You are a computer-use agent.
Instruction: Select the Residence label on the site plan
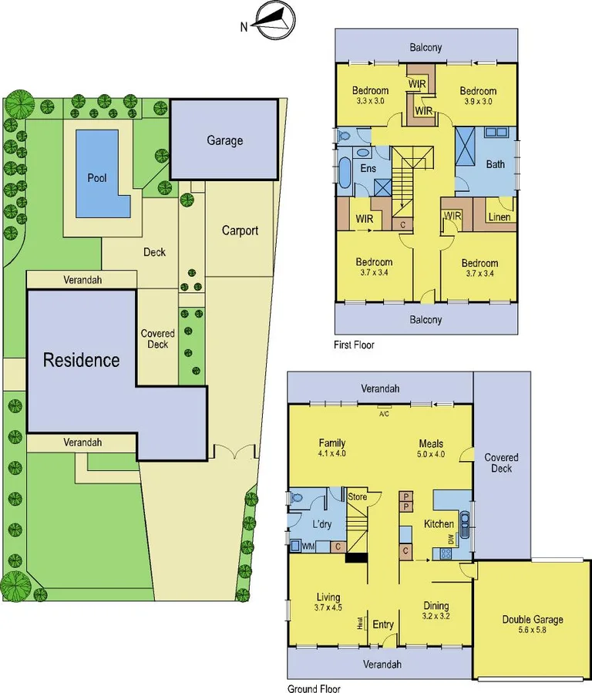[81, 360]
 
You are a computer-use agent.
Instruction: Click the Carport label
[240, 230]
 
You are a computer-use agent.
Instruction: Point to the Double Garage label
[533, 619]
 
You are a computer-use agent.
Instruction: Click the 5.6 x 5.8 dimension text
[533, 630]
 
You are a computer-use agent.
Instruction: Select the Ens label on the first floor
[368, 168]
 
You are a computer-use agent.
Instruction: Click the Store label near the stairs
[358, 496]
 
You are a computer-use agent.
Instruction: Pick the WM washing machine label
[308, 547]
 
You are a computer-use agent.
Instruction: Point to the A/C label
[384, 412]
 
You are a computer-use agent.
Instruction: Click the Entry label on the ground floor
[383, 624]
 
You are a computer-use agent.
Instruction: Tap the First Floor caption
[354, 345]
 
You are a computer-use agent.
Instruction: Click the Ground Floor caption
[313, 689]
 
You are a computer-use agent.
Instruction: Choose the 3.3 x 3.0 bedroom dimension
[370, 101]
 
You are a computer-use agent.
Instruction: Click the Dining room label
[436, 606]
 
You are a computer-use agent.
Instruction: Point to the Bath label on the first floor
[496, 164]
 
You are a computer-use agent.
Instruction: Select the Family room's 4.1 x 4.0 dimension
[331, 454]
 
